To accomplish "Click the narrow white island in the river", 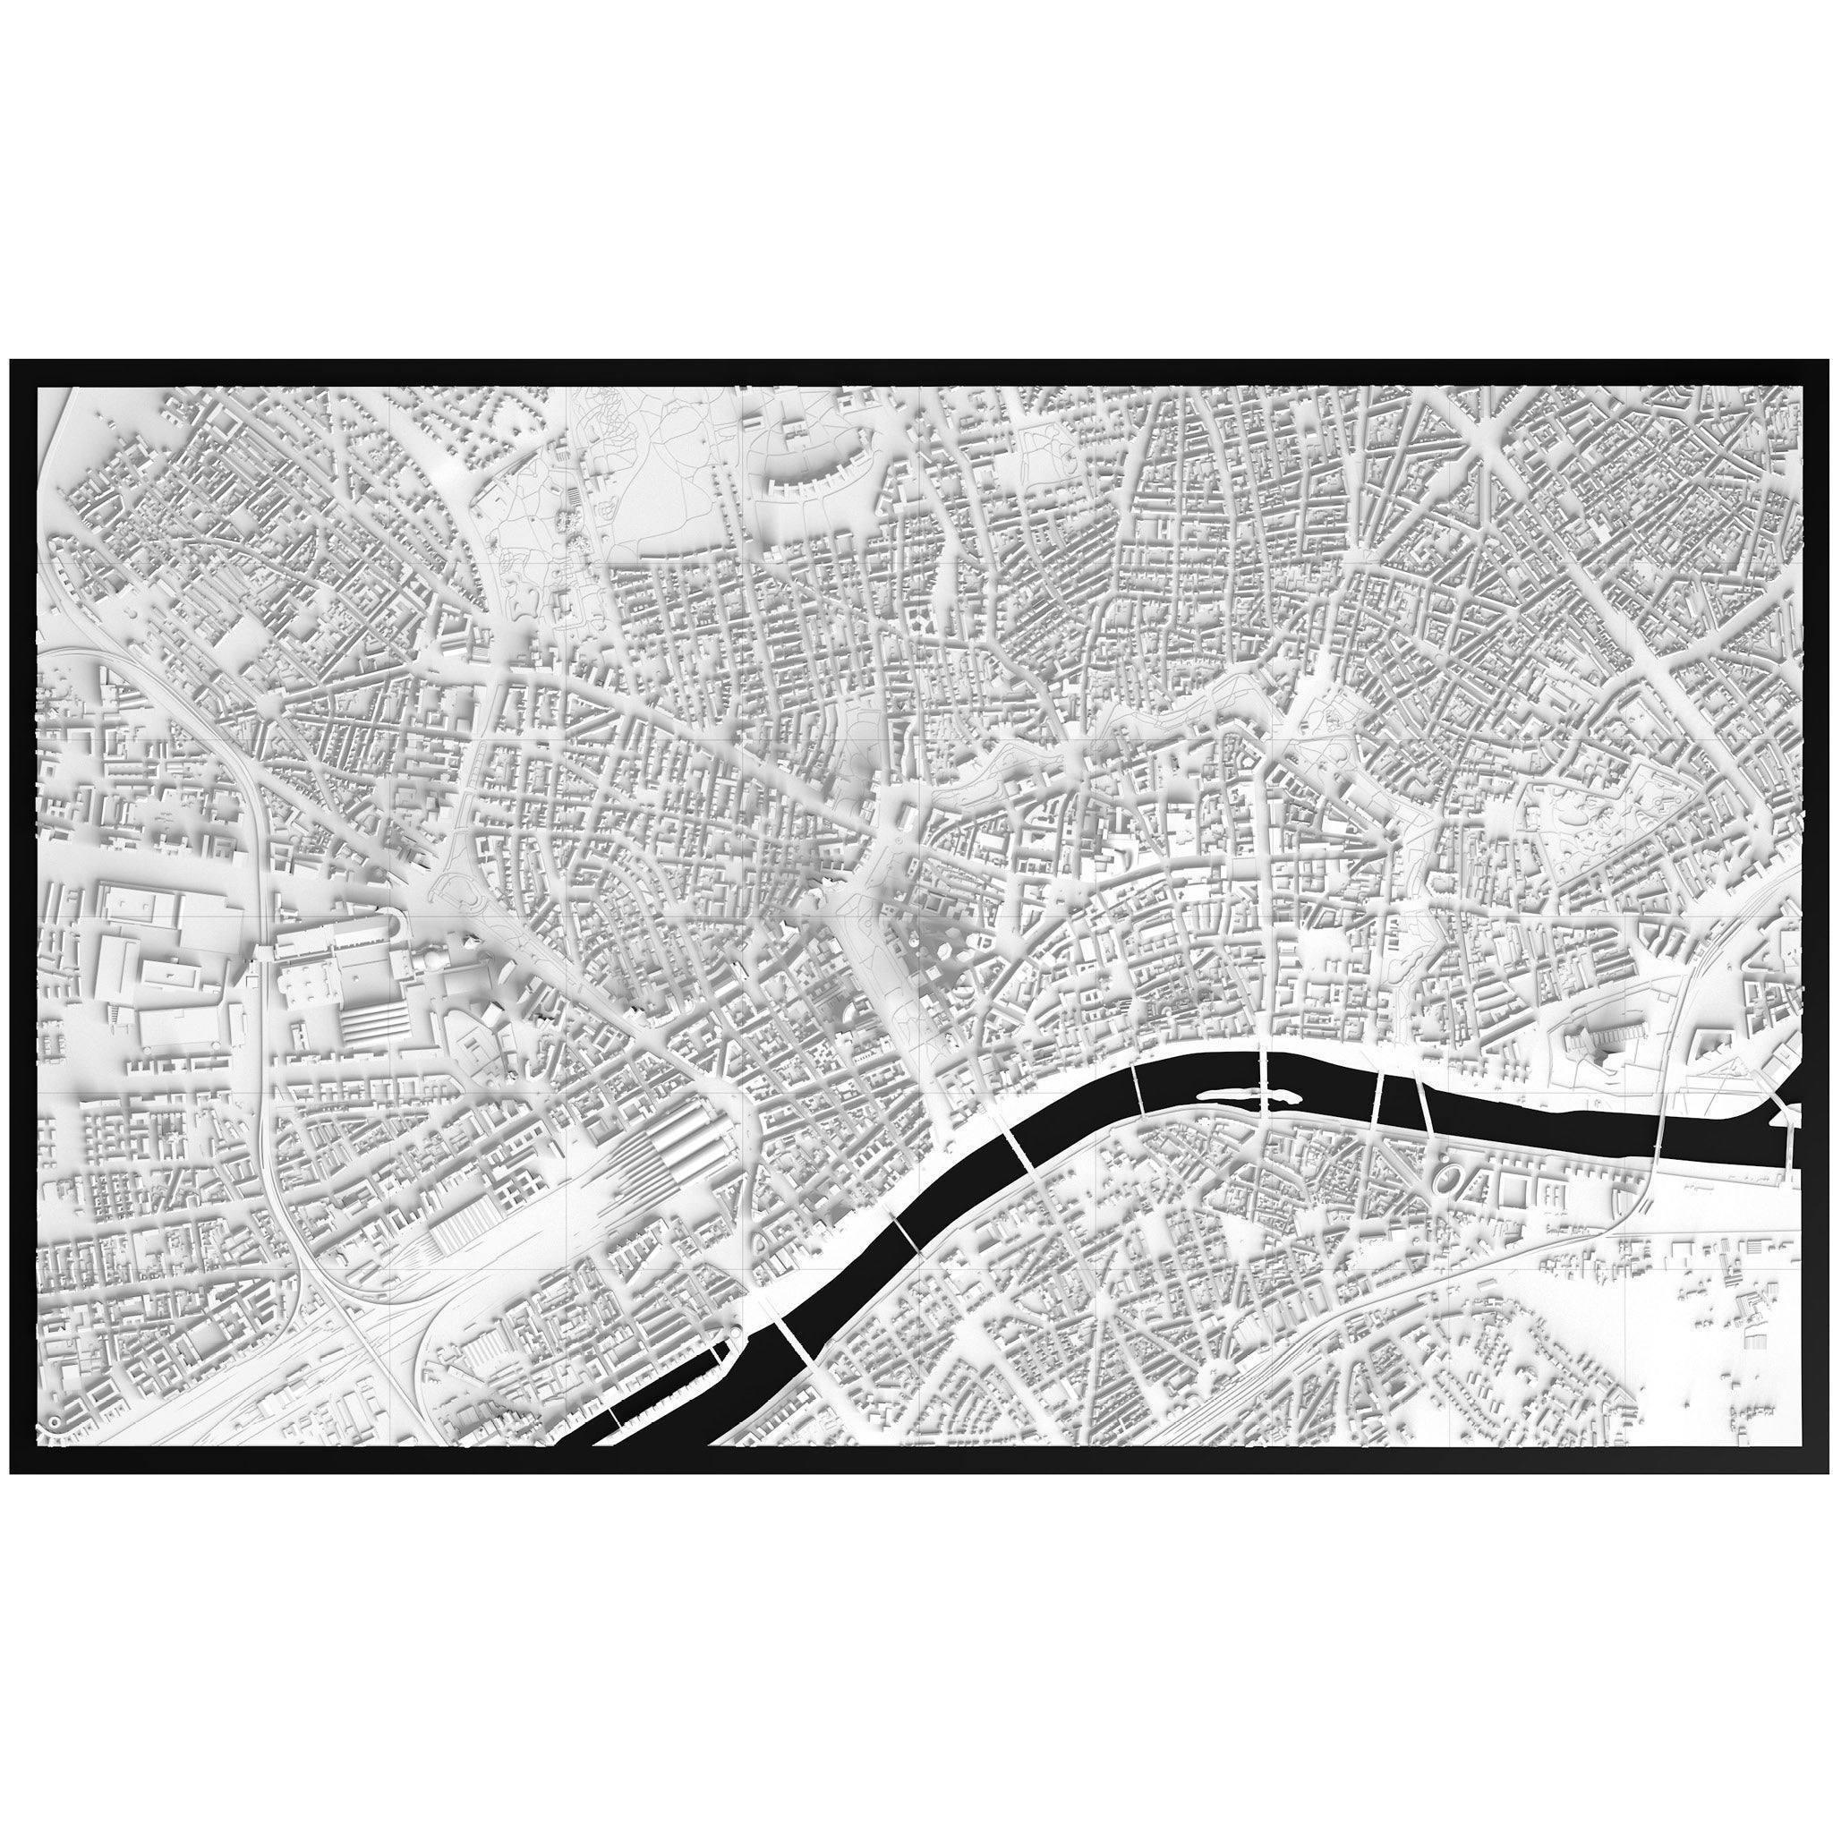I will [1233, 1096].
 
